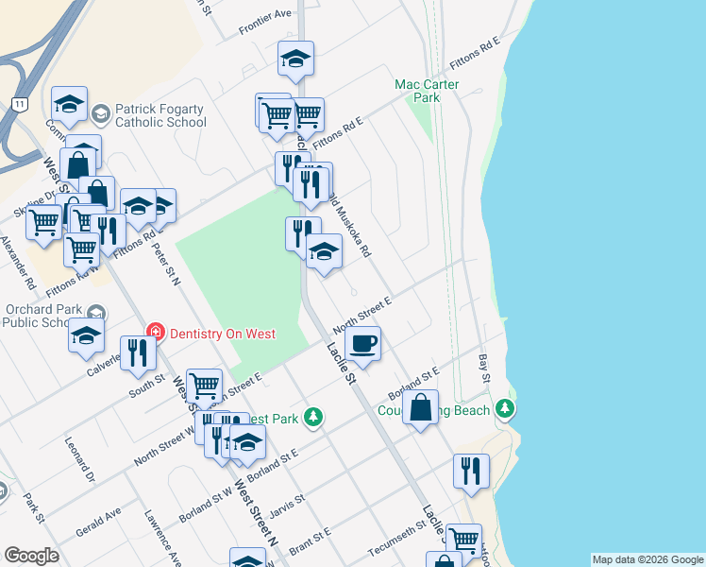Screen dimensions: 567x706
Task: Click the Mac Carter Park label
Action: pos(428,91)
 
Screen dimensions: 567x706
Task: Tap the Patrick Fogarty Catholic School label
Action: pos(160,115)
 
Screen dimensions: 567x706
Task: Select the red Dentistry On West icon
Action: pos(156,333)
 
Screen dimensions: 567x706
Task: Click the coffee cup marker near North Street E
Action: pos(362,342)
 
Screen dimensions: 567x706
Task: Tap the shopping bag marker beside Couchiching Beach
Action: pos(421,408)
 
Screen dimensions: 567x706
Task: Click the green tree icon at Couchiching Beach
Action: pos(507,408)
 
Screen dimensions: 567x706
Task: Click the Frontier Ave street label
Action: pos(265,15)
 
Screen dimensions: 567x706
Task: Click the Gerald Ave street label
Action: pos(99,521)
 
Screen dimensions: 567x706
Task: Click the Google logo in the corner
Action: pos(32,556)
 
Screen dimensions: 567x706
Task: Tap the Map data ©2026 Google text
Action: pos(647,559)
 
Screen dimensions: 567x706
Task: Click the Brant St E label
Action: pos(309,547)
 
